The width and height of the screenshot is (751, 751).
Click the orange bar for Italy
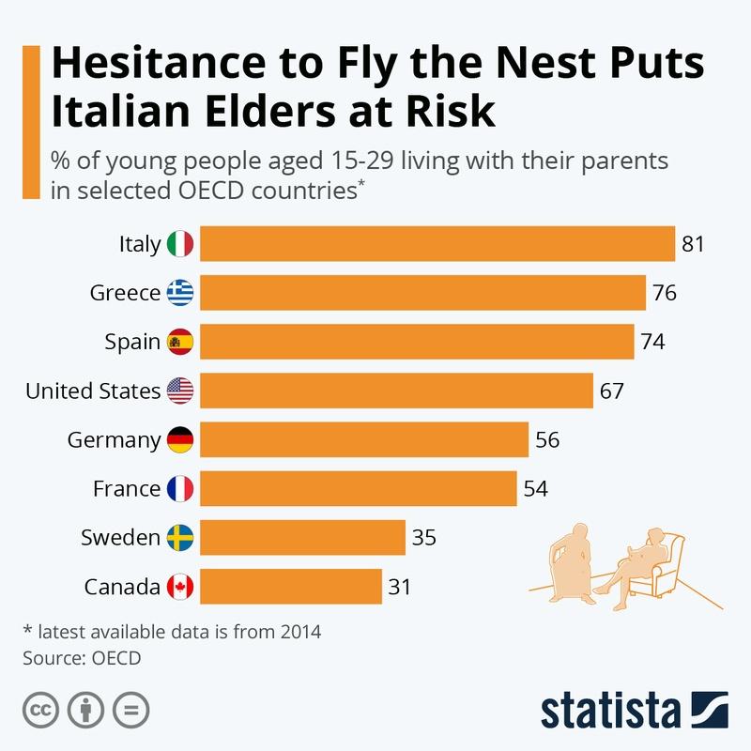[437, 244]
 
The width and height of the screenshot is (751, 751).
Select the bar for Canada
[291, 588]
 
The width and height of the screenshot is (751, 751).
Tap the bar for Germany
[364, 440]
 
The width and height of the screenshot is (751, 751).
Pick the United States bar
[397, 391]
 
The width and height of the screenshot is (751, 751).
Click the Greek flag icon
[180, 294]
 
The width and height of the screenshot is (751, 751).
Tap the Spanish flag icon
[180, 343]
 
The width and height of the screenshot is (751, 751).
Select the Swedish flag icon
[180, 538]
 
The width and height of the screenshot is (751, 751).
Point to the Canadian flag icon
[180, 588]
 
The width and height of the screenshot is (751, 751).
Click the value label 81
[693, 244]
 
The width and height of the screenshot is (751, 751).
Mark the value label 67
[612, 391]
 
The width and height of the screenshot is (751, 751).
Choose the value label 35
[424, 538]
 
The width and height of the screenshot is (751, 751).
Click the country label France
[127, 489]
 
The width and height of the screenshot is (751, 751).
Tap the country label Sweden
[120, 538]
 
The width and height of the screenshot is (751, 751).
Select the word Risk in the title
[447, 112]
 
